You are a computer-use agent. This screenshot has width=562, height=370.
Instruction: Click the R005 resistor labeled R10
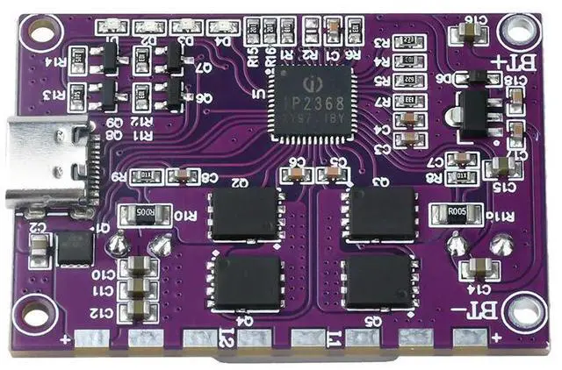[x=141, y=214]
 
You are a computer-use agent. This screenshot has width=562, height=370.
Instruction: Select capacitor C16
[x=464, y=34]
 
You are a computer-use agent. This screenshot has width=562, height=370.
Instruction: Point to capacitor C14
[x=479, y=267]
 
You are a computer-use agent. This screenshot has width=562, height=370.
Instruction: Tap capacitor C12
[x=139, y=309]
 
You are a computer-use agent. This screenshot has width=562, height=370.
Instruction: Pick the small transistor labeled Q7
[x=175, y=58]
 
